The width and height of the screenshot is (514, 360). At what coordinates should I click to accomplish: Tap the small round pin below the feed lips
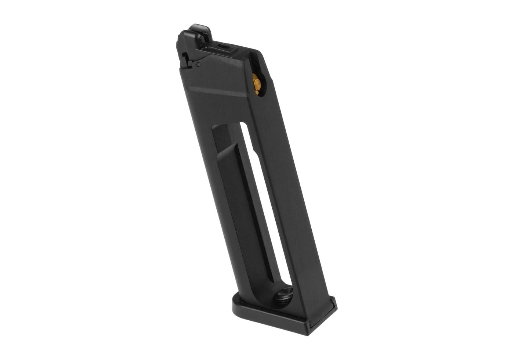pos(198,65)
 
